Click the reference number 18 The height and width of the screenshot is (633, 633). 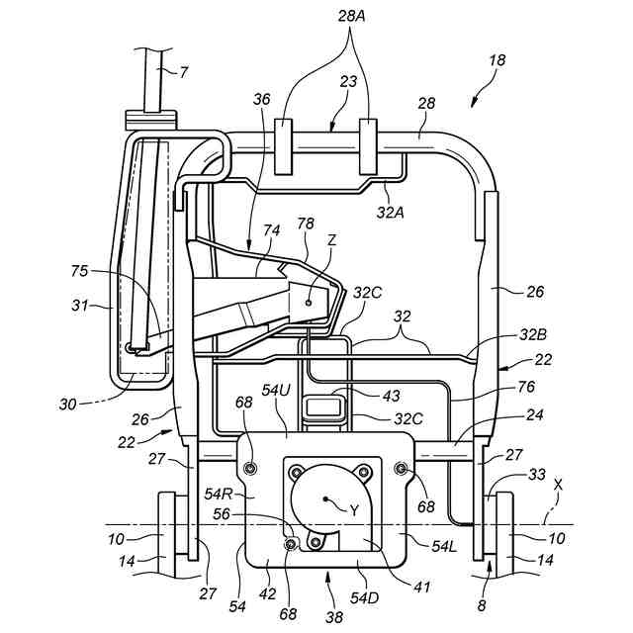point(497,61)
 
